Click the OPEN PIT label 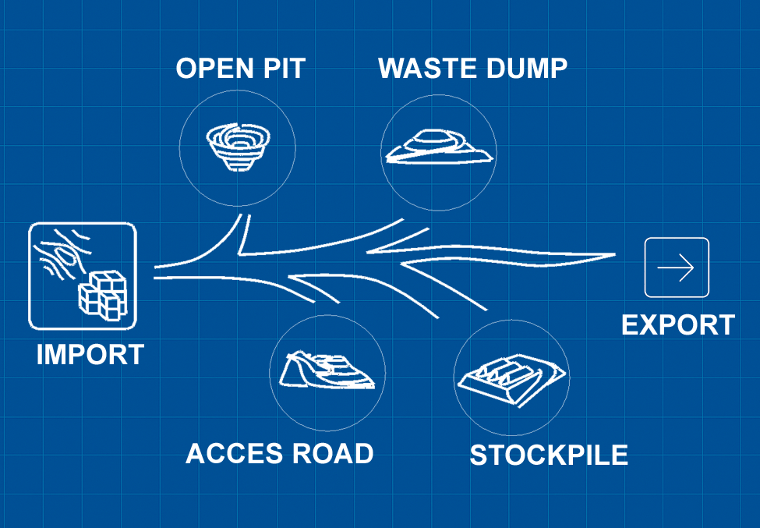coord(240,69)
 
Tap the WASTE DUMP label coord(472,69)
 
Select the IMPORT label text coord(90,355)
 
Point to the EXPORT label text coord(677,324)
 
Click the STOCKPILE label coord(548,455)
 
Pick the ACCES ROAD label coord(279,453)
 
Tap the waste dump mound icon coord(437,148)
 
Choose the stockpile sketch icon coord(511,377)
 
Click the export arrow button coord(677,268)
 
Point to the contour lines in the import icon coord(61,253)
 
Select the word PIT coord(282,69)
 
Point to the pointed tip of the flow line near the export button coord(615,254)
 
